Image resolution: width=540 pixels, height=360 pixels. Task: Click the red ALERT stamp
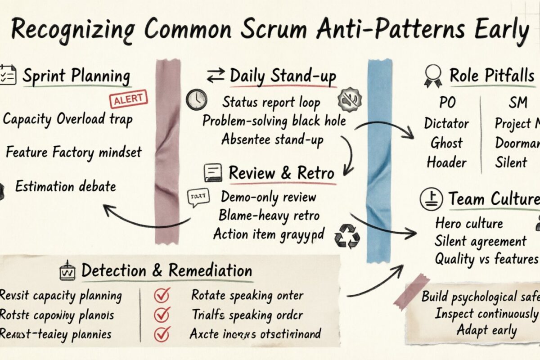[129, 99]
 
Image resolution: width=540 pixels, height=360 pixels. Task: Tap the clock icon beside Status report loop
[197, 99]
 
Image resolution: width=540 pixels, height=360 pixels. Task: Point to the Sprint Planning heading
[76, 76]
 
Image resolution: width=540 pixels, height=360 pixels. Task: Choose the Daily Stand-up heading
[283, 76]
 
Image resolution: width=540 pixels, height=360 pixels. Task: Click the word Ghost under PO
[447, 143]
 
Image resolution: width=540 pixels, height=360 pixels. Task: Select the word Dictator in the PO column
[446, 123]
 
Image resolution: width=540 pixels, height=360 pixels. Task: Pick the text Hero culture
[469, 223]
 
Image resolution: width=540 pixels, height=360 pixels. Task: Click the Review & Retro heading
[281, 173]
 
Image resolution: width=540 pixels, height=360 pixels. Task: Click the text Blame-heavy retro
[269, 216]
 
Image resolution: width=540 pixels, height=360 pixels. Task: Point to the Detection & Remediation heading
[166, 271]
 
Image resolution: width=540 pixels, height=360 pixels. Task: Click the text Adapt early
[486, 330]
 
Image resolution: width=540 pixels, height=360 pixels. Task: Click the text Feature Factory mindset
[74, 152]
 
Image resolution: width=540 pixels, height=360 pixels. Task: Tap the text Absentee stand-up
[272, 139]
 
